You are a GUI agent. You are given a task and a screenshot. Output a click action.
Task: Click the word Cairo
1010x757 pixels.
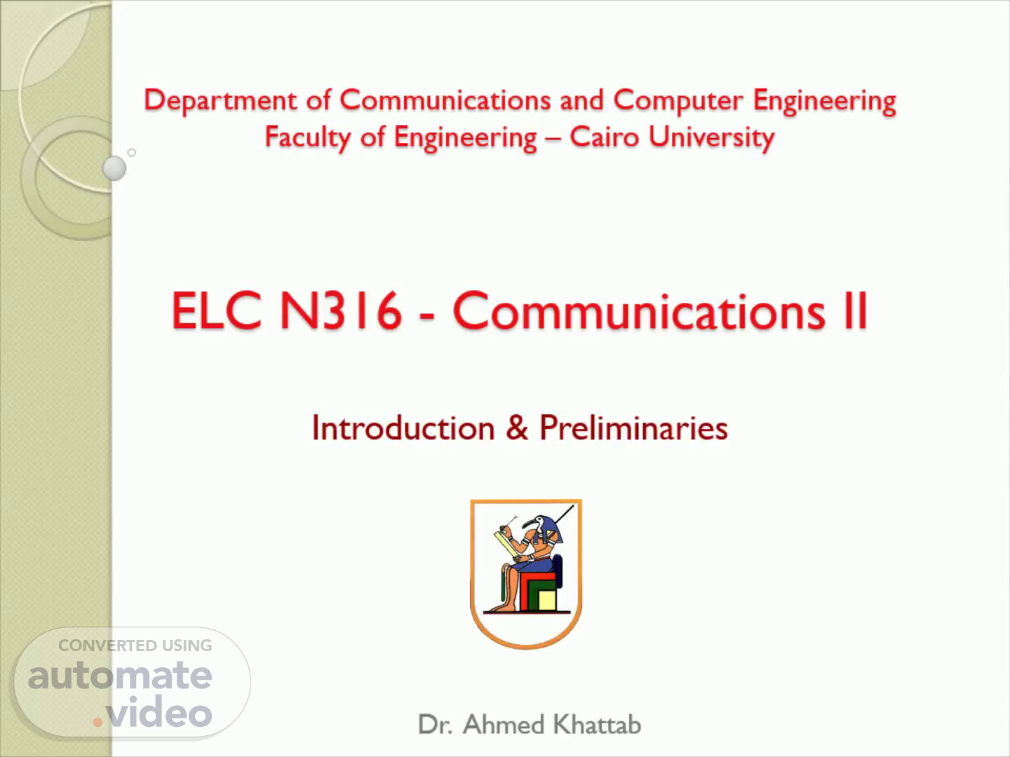click(605, 137)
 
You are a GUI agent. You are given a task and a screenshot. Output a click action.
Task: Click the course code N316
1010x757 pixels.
click(340, 311)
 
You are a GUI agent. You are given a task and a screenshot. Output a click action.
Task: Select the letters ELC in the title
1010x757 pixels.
click(217, 311)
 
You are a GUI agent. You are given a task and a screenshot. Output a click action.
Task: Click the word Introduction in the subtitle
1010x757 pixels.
click(403, 428)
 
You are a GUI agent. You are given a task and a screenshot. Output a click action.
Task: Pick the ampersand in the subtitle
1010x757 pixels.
click(517, 428)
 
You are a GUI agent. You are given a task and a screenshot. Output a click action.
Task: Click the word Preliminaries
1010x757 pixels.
click(633, 428)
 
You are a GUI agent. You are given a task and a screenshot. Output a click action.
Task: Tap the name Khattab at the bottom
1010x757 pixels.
click(597, 724)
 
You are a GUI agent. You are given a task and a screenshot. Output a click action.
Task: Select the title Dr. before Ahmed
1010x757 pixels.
click(436, 725)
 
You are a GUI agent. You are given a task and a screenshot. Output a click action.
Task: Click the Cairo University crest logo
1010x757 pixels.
click(526, 574)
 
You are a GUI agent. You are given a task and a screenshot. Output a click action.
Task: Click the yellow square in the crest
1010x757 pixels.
click(546, 601)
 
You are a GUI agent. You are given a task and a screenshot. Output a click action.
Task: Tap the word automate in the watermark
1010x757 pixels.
click(120, 675)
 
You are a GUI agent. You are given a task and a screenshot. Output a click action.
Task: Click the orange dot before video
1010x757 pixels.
click(97, 723)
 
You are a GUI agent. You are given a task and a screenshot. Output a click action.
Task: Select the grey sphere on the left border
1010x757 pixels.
click(114, 168)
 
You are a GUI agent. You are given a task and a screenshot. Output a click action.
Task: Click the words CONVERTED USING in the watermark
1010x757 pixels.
click(135, 646)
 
